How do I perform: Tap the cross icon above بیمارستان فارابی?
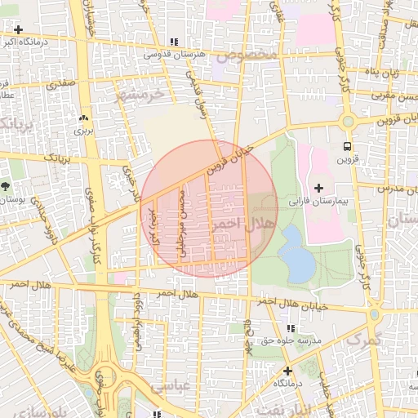[x=318, y=188]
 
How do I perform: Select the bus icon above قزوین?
[x=349, y=147]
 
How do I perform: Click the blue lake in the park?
[x=296, y=256]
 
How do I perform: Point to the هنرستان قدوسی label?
[x=172, y=55]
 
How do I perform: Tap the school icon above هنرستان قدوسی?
[x=173, y=42]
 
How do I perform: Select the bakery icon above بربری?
[x=82, y=118]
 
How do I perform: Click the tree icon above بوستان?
[x=7, y=186]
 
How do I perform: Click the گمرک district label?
[x=363, y=339]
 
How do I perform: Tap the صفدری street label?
[x=62, y=83]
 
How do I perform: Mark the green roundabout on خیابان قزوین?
[x=349, y=122]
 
